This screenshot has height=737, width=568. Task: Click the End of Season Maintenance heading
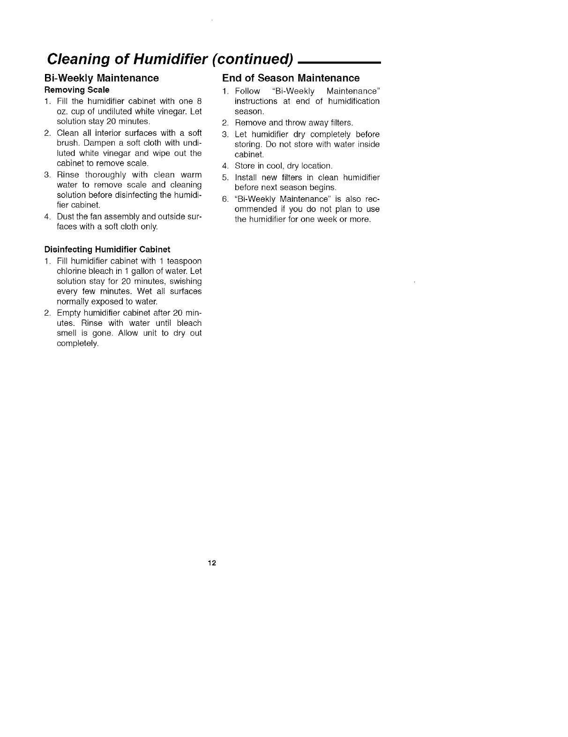pos(291,78)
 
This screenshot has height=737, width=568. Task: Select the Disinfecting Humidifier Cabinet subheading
pos(107,250)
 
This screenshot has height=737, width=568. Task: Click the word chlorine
pos(69,271)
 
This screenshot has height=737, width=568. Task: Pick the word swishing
pos(187,281)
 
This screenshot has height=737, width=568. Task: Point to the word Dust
pos(64,216)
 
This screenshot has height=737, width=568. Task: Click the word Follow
pos(247,91)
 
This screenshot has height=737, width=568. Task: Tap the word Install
pos(245,177)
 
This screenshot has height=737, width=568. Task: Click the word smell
pos(66,333)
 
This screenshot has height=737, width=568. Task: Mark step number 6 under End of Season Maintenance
pos(225,199)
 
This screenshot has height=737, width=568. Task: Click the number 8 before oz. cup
pos(199,101)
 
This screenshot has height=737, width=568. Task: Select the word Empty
pos(67,313)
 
